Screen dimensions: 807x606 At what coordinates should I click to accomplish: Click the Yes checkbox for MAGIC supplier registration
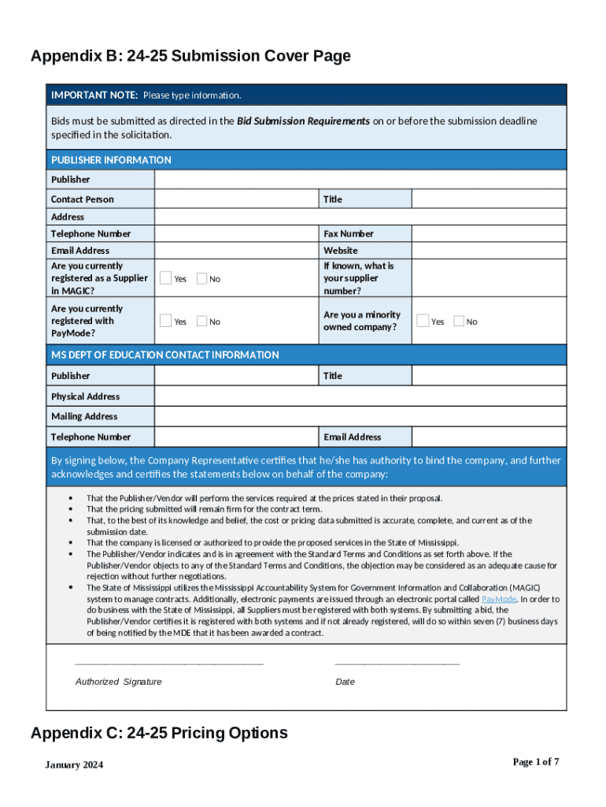[x=166, y=278]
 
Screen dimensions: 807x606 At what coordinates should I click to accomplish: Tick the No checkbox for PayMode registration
[x=201, y=321]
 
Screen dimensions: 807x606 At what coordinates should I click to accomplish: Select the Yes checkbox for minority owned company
[x=423, y=321]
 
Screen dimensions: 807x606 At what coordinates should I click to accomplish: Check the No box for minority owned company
[x=459, y=321]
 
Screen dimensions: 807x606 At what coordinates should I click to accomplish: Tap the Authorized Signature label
[x=118, y=682]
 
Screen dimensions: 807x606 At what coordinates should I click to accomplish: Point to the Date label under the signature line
[x=345, y=682]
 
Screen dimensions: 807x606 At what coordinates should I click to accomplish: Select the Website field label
[x=341, y=251]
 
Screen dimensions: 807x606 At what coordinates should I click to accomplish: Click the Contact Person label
[x=82, y=199]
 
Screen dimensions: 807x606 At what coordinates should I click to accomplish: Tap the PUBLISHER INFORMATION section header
[x=111, y=160]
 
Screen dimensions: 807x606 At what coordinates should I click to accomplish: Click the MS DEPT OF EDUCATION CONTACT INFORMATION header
[x=164, y=355]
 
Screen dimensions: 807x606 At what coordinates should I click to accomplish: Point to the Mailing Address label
[x=84, y=416]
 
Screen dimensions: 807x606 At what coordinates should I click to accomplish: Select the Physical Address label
[x=85, y=396]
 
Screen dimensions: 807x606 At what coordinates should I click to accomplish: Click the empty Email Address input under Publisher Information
[x=236, y=251]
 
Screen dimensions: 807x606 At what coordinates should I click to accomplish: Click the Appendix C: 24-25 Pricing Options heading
[x=159, y=733]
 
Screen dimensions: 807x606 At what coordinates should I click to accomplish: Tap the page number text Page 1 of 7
[x=535, y=761]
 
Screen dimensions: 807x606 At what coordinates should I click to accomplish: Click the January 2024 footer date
[x=74, y=765]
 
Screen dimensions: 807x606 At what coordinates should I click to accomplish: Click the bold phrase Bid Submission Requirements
[x=303, y=121]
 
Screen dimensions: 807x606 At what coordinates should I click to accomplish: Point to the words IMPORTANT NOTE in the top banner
[x=94, y=95]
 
